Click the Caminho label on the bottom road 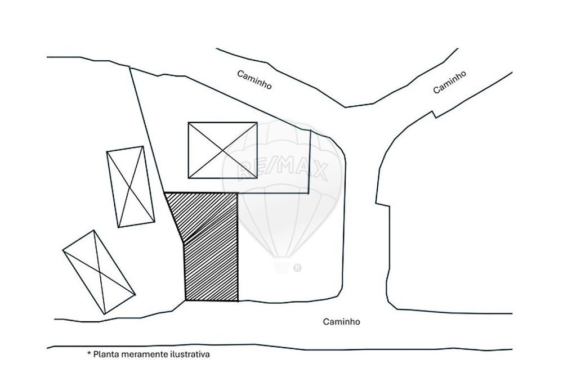(342, 321)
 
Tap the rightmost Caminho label (449, 82)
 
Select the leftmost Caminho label (254, 80)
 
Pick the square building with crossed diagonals (222, 150)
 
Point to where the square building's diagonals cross (222, 150)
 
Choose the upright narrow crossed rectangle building (131, 187)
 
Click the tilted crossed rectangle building (99, 272)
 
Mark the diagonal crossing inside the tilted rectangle (99, 272)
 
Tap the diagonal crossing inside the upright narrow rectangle (131, 187)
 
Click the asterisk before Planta (89, 354)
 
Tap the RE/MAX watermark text (282, 170)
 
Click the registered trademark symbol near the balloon (297, 268)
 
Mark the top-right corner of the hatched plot (238, 193)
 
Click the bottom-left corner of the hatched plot (185, 300)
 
